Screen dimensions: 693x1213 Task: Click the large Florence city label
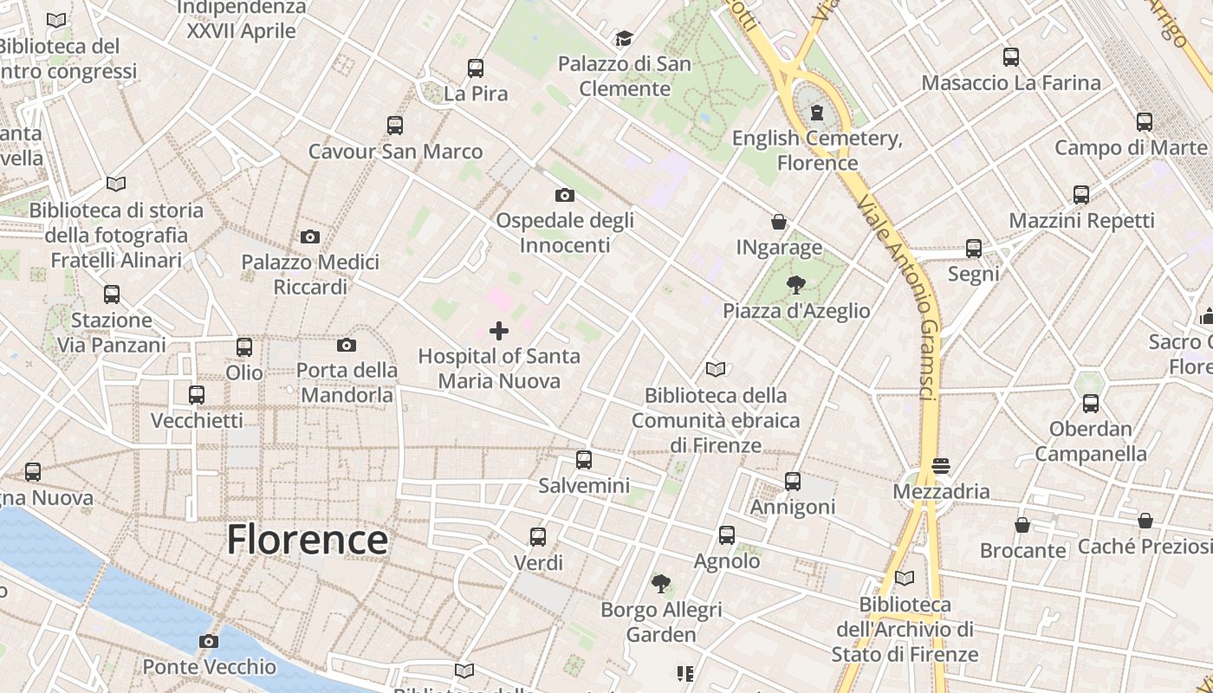308,540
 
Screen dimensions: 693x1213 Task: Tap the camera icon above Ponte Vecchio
208,642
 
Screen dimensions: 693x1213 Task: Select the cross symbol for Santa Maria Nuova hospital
499,330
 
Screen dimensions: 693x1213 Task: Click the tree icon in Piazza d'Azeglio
795,285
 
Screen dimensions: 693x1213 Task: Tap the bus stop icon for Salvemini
584,460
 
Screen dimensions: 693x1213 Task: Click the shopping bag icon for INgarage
779,223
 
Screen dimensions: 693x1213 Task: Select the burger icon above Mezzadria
941,466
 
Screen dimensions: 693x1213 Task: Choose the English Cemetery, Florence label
817,151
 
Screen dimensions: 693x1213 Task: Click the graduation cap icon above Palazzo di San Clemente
624,38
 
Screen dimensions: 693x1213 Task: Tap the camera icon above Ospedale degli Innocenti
564,196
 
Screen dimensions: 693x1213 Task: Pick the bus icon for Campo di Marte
1144,122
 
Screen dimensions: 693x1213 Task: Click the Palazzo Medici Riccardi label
310,274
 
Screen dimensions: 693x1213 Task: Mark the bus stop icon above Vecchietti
197,395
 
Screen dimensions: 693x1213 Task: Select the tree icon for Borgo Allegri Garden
661,584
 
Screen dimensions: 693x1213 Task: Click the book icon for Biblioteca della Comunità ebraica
716,370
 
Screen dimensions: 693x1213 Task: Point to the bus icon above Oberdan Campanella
1090,404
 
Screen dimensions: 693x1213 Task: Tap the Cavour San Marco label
395,152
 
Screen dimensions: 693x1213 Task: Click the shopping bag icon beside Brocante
1022,525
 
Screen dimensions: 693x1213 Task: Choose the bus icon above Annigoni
792,482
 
